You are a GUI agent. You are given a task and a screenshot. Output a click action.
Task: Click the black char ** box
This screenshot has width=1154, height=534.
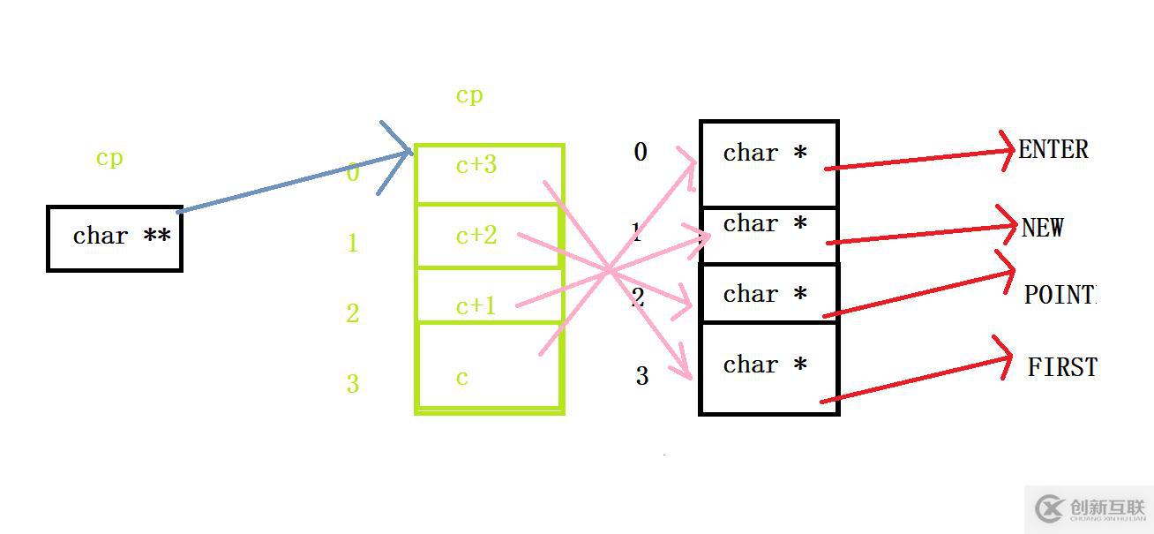[x=115, y=238]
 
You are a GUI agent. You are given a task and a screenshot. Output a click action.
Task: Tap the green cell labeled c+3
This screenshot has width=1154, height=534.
[x=488, y=174]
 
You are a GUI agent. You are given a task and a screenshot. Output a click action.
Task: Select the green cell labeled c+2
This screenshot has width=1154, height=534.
[x=487, y=236]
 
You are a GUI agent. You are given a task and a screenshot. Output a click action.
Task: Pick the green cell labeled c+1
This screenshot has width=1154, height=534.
[x=487, y=296]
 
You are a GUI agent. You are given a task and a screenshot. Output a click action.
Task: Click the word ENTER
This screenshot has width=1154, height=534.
[x=1053, y=149]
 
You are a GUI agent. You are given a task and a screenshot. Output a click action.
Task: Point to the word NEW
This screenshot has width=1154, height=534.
[x=1042, y=228]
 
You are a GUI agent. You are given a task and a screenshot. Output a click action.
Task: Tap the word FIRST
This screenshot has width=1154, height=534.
[x=1061, y=366]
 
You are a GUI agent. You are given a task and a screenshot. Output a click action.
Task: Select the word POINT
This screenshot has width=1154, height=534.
[x=1059, y=295]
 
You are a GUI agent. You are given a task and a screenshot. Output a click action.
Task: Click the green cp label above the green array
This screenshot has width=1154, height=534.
[x=469, y=95]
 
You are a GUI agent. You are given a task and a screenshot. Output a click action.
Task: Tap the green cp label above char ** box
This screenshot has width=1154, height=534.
[x=109, y=158]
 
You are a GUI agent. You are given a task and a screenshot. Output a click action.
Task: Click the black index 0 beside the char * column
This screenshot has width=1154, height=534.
[x=641, y=153]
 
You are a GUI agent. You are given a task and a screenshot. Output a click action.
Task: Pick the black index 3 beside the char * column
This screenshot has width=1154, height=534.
[x=641, y=377]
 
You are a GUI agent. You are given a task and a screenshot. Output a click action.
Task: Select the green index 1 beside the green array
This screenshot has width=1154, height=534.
[x=353, y=243]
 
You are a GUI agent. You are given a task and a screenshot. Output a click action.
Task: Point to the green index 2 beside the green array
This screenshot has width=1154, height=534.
[x=353, y=313]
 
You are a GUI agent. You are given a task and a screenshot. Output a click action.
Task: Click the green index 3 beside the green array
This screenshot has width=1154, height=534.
[x=353, y=384]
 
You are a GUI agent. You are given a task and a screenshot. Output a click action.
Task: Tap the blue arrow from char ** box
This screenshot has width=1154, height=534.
[x=291, y=183]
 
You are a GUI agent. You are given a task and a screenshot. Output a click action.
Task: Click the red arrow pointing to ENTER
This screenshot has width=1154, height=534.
[x=918, y=160]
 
